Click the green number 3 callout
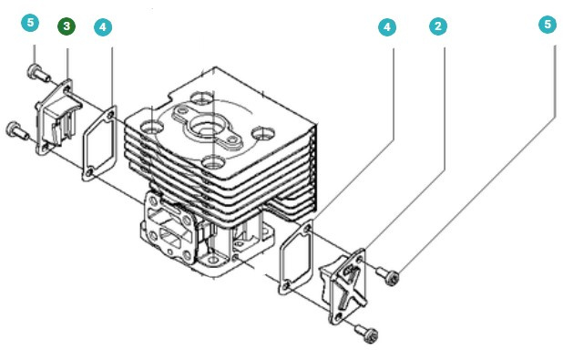click(x=67, y=26)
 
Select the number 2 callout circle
click(x=438, y=26)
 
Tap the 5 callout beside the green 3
click(x=30, y=23)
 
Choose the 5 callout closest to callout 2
click(x=548, y=25)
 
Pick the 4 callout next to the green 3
click(x=103, y=27)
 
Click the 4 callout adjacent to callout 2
click(x=387, y=27)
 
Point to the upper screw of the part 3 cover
click(x=38, y=73)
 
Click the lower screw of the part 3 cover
click(x=17, y=130)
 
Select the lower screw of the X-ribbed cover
click(x=367, y=333)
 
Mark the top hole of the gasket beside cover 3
click(x=110, y=115)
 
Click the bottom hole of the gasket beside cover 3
click(x=89, y=173)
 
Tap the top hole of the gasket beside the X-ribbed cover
click(x=307, y=229)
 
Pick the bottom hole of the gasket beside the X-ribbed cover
click(x=286, y=286)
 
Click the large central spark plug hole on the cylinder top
click(x=202, y=128)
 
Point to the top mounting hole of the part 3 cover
click(x=67, y=88)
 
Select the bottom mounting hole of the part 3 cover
click(x=46, y=147)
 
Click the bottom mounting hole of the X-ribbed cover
click(x=338, y=316)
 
